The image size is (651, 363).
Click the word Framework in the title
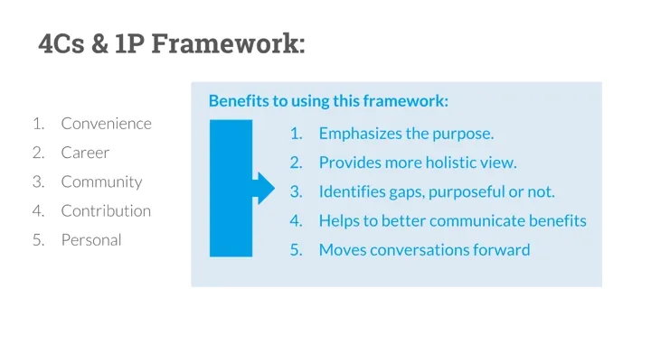point(228,43)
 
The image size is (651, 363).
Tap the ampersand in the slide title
point(99,43)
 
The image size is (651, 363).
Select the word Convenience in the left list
point(107,124)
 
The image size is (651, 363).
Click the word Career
point(85,153)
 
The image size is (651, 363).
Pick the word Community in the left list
point(101,182)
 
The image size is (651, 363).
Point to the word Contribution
point(106,210)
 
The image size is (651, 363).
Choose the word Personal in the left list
point(91,240)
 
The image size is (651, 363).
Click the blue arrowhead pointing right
point(264,189)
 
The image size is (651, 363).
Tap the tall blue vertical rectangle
point(231,189)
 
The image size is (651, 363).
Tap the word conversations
point(420,250)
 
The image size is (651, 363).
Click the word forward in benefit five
point(502,250)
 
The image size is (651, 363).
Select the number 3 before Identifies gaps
point(296,191)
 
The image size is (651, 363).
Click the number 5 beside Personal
point(38,240)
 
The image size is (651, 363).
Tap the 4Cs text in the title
point(61,43)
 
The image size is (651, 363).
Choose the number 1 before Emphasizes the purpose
point(296,134)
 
